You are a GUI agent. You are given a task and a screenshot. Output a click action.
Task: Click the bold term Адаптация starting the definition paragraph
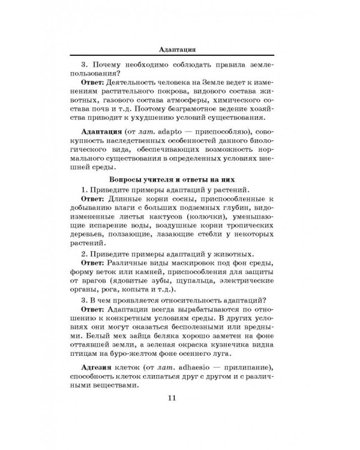click(103, 131)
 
